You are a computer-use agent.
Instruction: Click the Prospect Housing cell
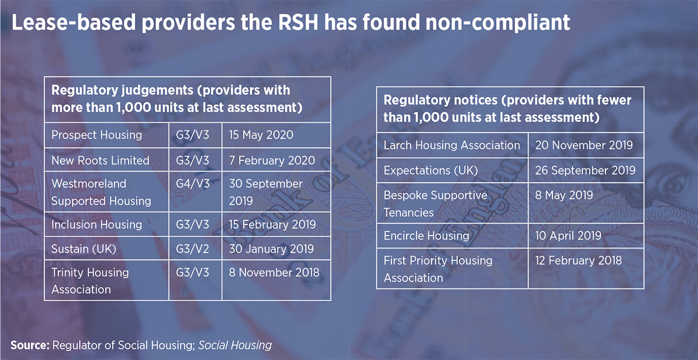point(97,135)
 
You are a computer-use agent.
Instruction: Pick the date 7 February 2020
point(273,161)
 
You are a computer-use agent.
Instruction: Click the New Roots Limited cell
point(100,161)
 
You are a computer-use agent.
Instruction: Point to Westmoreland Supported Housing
point(101,193)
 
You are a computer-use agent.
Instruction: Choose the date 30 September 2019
point(266,193)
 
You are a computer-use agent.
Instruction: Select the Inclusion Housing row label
point(97,224)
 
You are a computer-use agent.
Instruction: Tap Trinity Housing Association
point(90,281)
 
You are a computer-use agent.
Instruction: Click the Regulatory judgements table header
point(171,99)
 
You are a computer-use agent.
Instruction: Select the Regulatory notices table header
point(507,108)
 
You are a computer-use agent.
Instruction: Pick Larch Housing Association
point(451,145)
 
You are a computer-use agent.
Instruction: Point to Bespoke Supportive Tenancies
point(435,204)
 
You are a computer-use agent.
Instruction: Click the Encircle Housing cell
point(426,236)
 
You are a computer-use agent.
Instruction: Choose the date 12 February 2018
point(578,261)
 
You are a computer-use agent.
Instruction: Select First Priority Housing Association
point(437,269)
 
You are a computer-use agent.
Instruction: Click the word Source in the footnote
point(30,345)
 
